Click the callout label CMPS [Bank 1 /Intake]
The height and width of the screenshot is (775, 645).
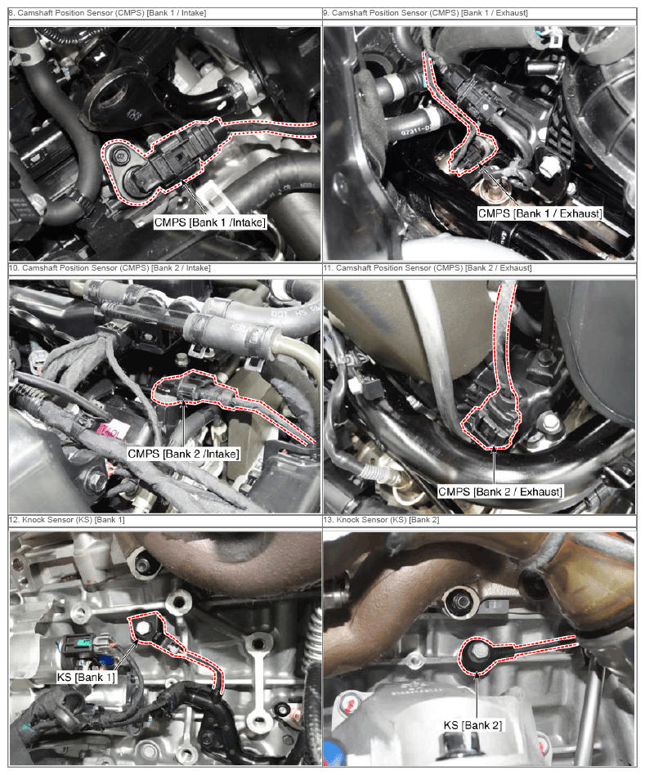209,222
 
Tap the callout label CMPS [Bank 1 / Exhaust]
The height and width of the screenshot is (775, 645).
540,213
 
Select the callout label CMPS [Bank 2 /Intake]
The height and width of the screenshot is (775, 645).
183,454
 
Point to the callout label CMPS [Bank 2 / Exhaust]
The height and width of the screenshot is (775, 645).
500,492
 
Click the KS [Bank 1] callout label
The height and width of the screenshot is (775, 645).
87,677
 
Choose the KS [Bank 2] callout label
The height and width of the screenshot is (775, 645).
473,725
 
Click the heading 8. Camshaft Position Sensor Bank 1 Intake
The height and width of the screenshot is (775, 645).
107,13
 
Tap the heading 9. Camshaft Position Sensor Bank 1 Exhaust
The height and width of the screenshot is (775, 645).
426,13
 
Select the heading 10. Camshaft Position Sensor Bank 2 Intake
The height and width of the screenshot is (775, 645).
110,268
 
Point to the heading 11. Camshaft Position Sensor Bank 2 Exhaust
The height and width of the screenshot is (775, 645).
428,268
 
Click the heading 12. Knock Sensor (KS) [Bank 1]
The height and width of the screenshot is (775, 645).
67,519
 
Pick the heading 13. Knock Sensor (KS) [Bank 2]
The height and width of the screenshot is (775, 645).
381,519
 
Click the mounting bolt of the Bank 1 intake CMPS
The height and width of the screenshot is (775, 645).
119,157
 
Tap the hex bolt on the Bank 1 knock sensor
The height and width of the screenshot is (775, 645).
143,628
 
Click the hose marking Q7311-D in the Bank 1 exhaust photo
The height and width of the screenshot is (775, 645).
415,131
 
